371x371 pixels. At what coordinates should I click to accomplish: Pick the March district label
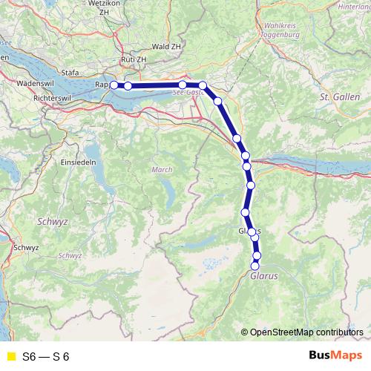pyautogui.click(x=162, y=170)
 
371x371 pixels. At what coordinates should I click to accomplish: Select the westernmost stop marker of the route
pyautogui.click(x=114, y=85)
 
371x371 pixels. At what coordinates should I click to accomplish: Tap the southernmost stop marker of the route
pyautogui.click(x=255, y=266)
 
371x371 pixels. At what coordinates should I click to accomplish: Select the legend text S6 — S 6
pyautogui.click(x=46, y=357)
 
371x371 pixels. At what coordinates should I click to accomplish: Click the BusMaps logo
pyautogui.click(x=335, y=356)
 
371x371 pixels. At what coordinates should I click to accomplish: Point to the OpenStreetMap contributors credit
pyautogui.click(x=306, y=332)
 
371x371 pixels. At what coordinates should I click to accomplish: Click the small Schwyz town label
pyautogui.click(x=25, y=248)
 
